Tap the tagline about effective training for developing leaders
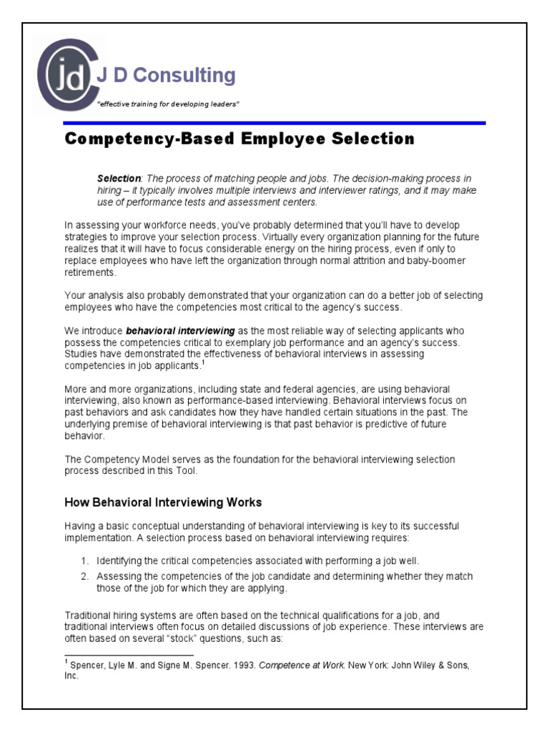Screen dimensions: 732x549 pos(168,105)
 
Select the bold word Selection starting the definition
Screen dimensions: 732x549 pos(119,178)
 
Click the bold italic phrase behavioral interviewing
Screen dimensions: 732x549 pos(180,331)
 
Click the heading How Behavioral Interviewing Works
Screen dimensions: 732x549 pos(163,502)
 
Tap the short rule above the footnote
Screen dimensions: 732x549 pos(129,654)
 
